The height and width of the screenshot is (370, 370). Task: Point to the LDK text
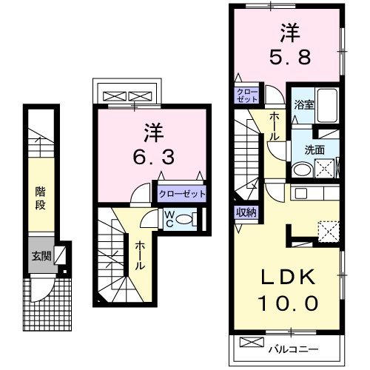point(289,277)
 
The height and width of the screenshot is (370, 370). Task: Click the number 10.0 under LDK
point(289,303)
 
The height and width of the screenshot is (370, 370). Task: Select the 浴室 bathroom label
point(303,104)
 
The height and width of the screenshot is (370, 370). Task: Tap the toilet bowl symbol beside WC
point(188,219)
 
